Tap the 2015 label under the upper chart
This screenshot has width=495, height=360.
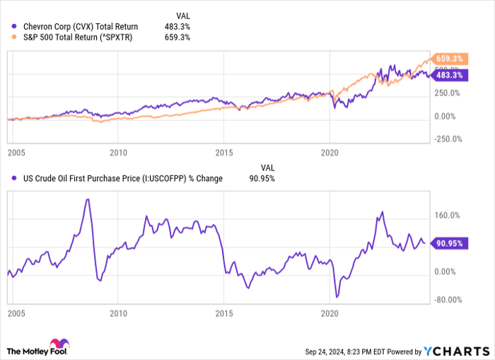click(224, 152)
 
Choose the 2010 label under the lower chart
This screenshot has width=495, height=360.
click(118, 312)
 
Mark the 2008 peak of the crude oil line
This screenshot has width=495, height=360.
click(87, 199)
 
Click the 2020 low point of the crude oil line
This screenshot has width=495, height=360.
click(337, 296)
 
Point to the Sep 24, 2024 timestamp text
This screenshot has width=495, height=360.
click(345, 351)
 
